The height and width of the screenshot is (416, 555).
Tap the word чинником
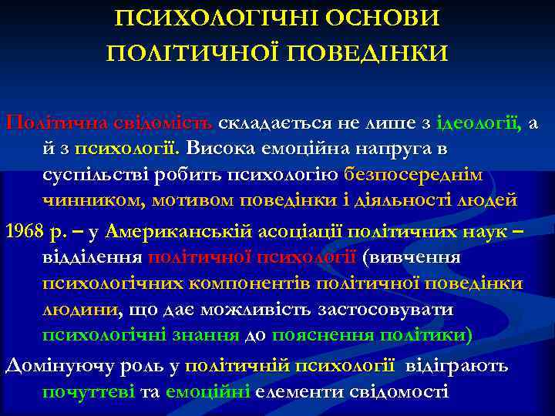(x=92, y=200)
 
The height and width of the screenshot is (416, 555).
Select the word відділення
(x=91, y=257)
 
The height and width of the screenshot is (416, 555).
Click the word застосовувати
(x=387, y=310)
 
